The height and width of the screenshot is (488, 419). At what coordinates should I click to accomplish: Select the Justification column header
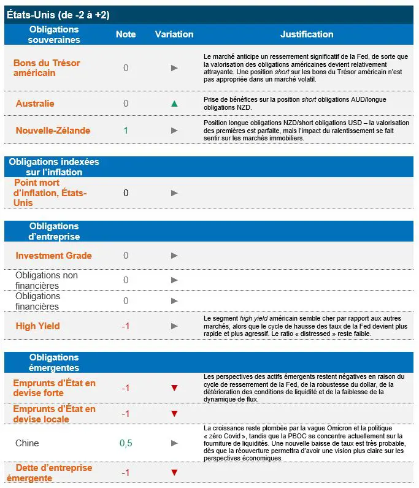(x=307, y=34)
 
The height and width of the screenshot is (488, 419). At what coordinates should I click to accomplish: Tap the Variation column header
(x=174, y=34)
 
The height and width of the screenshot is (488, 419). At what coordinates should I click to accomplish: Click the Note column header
(x=126, y=34)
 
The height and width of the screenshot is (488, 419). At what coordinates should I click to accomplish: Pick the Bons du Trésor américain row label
(x=47, y=68)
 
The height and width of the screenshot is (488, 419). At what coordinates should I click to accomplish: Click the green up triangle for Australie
(x=174, y=104)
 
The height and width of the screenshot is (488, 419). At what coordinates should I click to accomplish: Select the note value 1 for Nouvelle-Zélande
(x=126, y=131)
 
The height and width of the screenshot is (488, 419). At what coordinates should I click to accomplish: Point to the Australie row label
(x=35, y=104)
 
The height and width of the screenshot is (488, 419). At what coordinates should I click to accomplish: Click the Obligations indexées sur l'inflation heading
(x=54, y=167)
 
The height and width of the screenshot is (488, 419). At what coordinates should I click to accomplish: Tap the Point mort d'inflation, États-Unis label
(x=50, y=193)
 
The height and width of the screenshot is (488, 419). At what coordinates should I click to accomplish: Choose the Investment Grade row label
(x=53, y=256)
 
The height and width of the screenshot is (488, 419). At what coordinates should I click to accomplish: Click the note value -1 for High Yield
(x=126, y=326)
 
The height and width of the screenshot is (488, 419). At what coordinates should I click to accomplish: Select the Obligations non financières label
(x=47, y=280)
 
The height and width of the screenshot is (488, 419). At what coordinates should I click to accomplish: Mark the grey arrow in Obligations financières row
(x=174, y=301)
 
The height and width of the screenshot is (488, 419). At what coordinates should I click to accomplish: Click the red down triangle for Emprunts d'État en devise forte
(x=174, y=388)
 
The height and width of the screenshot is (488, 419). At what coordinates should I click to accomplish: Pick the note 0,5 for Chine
(x=126, y=443)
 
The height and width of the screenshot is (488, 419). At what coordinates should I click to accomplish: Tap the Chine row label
(x=27, y=443)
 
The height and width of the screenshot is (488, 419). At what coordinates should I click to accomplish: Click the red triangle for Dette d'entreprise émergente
(x=174, y=473)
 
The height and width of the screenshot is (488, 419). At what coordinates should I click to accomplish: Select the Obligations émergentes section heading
(x=54, y=362)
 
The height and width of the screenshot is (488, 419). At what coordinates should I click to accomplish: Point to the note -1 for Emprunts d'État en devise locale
(x=126, y=414)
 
